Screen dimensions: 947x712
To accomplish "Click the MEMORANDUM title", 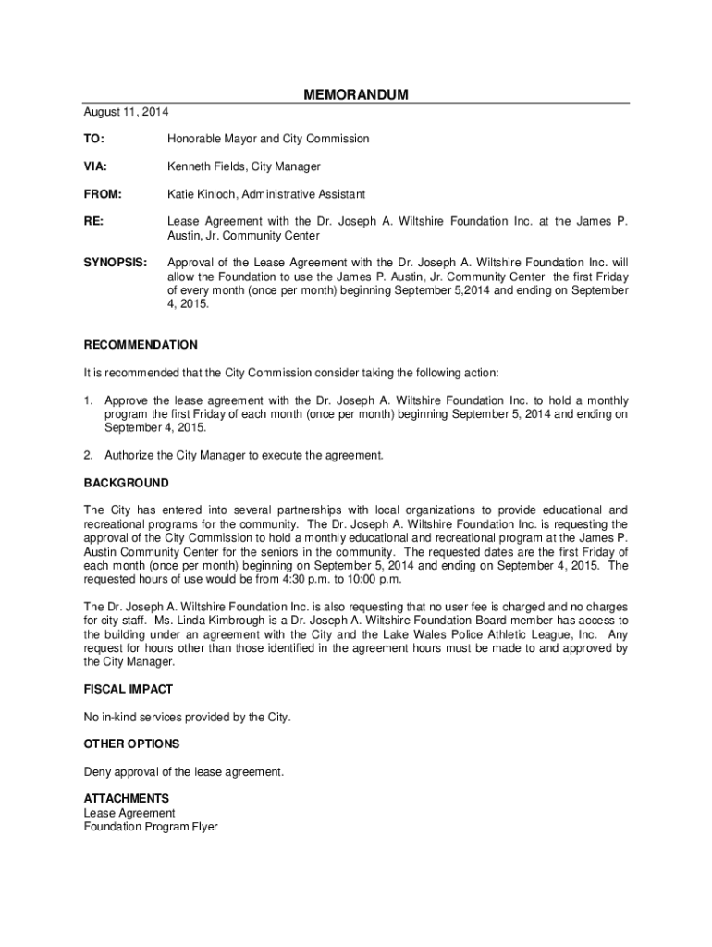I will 356,95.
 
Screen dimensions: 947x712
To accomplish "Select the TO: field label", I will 93,139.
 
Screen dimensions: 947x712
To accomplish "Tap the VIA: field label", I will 95,166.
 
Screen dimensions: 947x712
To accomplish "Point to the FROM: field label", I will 102,194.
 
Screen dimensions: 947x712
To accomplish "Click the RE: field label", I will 93,222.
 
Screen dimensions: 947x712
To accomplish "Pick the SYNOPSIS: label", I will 115,263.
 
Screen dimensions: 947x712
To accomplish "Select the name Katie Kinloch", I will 201,194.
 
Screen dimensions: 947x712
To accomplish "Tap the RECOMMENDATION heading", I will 141,345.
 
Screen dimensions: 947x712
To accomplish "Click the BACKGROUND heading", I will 127,483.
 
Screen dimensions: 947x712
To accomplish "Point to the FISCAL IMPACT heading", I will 129,689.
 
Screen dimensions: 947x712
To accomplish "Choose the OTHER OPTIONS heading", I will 131,744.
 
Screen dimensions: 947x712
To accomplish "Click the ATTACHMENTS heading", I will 127,798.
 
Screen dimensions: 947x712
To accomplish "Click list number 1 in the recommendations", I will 88,400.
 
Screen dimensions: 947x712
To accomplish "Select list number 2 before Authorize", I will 88,456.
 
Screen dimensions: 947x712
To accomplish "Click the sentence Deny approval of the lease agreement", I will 184,771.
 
